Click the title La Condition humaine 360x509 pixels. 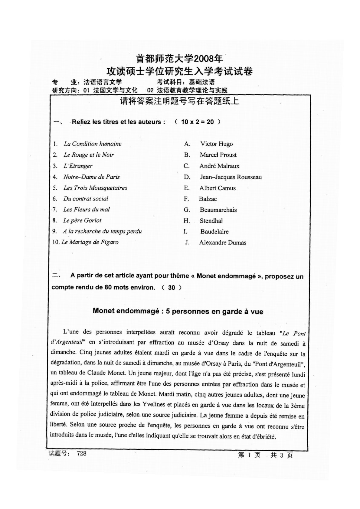[x=92, y=144]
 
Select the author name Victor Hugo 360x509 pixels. [x=216, y=144]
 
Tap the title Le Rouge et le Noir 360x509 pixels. [x=89, y=155]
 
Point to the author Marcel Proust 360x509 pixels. [x=218, y=155]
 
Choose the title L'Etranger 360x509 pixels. [x=78, y=166]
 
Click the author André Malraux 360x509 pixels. [x=219, y=166]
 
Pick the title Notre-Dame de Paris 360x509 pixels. [x=91, y=177]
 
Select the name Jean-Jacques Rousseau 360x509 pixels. [x=231, y=177]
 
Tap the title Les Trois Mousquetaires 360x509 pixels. [x=95, y=188]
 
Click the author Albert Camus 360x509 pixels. [x=217, y=188]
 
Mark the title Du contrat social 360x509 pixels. [x=86, y=199]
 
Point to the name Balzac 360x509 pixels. [x=208, y=199]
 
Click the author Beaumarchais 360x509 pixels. [x=218, y=210]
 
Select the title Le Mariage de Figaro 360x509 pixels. [x=90, y=242]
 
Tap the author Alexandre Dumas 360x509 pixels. [x=223, y=243]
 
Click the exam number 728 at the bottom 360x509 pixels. [x=82, y=453]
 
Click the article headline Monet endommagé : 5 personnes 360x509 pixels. [x=178, y=311]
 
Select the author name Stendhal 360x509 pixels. [x=211, y=221]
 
